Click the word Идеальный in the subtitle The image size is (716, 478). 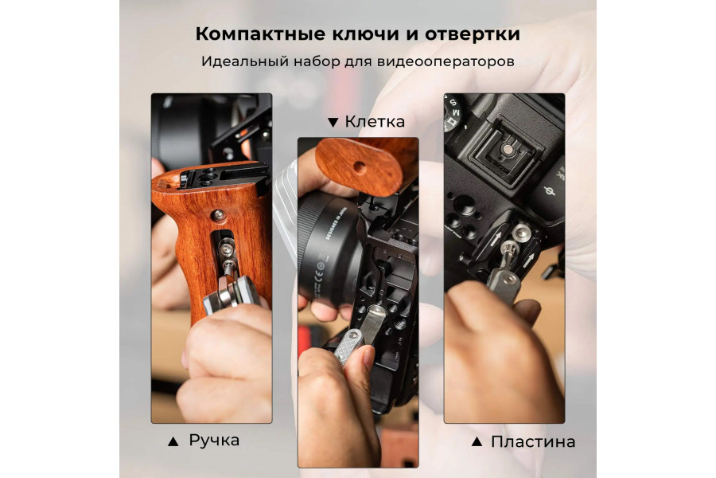[x=236, y=61]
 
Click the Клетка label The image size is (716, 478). [x=375, y=122]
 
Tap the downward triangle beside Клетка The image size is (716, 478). [x=333, y=123]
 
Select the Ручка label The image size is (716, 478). [x=214, y=440]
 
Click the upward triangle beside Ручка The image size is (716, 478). [x=173, y=441]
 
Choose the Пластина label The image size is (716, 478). [x=532, y=441]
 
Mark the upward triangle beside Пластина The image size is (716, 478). [x=476, y=441]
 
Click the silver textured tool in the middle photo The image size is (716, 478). [x=351, y=339]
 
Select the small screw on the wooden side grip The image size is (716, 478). [x=217, y=214]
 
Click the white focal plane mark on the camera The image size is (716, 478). [x=549, y=191]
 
